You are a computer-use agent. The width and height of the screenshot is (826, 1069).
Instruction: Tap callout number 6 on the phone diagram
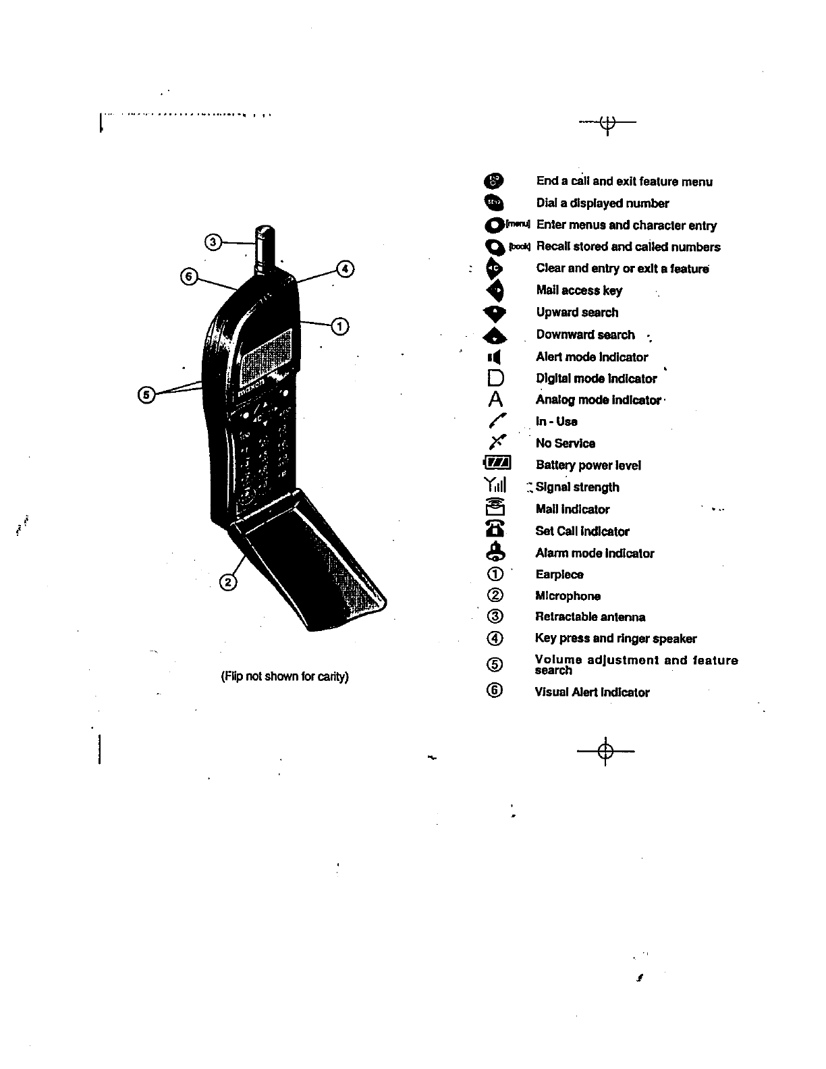pos(189,277)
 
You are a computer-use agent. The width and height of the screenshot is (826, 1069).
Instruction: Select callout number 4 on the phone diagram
pos(345,268)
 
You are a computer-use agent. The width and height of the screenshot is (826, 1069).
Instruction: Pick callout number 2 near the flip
pos(228,582)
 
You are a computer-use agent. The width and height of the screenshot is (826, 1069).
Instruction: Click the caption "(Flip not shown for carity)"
pos(285,676)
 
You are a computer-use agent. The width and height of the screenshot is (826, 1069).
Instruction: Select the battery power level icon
pos(498,464)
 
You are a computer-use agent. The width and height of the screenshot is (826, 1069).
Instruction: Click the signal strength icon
pos(495,486)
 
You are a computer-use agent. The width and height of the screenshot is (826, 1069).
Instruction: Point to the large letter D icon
pos(496,378)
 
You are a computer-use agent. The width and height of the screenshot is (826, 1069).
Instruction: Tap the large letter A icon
pos(496,399)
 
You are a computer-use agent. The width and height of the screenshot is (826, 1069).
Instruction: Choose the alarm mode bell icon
pos(496,552)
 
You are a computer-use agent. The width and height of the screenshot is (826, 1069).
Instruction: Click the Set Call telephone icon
pos(496,530)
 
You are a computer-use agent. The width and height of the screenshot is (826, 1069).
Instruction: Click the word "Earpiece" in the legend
pos(559,574)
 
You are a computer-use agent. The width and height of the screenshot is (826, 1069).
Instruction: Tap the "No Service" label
pos(565,443)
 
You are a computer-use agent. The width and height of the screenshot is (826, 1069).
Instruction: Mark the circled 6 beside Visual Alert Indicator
pos(495,690)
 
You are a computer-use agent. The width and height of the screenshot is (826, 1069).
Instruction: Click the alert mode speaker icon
pos(495,356)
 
